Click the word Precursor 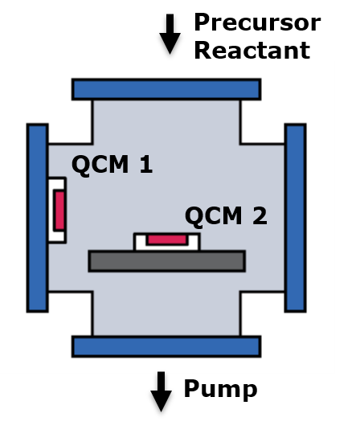click(257, 23)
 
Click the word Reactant click(252, 51)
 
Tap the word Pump click(220, 390)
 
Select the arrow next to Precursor click(170, 34)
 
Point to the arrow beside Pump click(161, 392)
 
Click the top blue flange click(166, 89)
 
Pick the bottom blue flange click(166, 346)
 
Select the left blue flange click(38, 218)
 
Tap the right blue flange click(296, 218)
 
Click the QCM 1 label click(112, 165)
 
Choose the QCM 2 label click(226, 216)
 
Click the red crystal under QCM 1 click(59, 211)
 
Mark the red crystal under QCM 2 click(167, 239)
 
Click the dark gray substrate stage click(167, 261)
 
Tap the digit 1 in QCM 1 click(146, 164)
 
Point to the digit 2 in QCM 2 click(260, 216)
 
